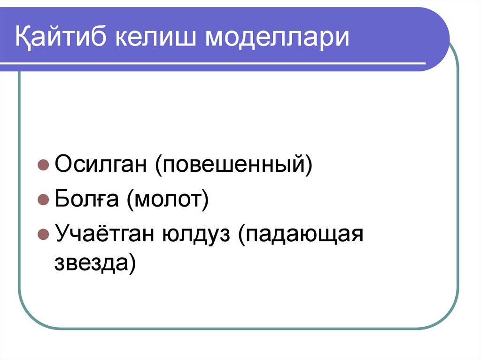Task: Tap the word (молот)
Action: (166, 199)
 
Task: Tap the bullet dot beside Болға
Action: (43, 200)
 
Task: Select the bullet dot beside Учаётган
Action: (43, 234)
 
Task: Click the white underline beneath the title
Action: (221, 63)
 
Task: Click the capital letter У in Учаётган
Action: (62, 233)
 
